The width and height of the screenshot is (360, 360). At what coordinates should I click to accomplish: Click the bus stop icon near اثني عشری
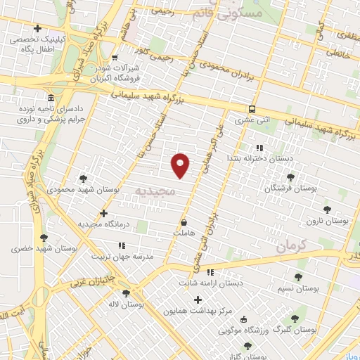252,109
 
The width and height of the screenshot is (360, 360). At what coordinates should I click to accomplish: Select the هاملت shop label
182,232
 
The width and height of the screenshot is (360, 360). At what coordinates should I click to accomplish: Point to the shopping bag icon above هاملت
184,221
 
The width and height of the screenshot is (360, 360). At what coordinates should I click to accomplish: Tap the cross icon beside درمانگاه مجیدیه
104,213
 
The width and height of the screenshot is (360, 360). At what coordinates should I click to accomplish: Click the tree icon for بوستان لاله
126,293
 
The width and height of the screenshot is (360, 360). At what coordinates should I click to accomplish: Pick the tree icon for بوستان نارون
326,209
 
